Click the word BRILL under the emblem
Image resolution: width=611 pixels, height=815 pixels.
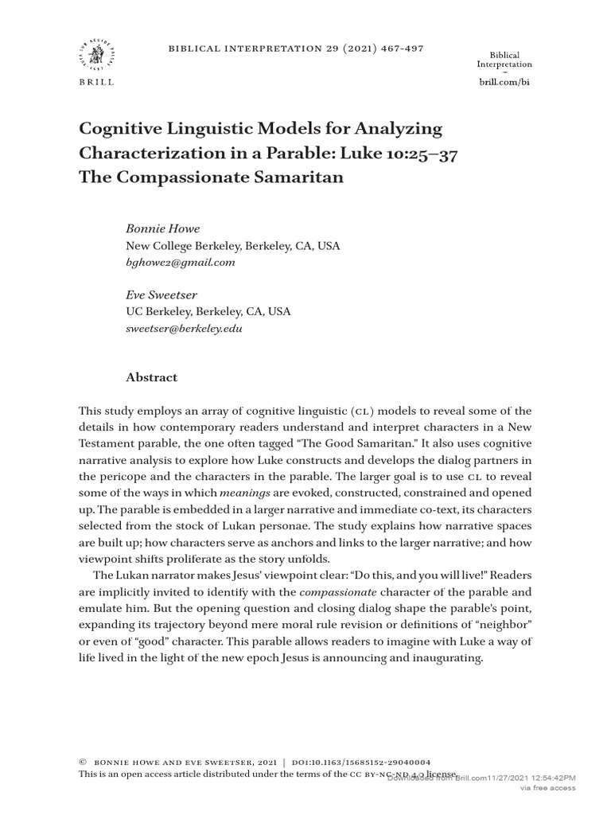(x=95, y=82)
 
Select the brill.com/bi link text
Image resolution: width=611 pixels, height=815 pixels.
(x=504, y=82)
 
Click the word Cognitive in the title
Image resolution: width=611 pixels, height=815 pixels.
(x=119, y=129)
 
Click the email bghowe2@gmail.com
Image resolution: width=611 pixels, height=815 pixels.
(x=180, y=263)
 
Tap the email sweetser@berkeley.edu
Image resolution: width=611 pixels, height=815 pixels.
(x=185, y=328)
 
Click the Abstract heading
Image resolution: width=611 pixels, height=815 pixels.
(x=151, y=377)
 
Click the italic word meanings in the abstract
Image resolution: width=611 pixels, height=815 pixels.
(x=243, y=493)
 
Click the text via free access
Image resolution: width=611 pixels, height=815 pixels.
(x=547, y=788)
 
